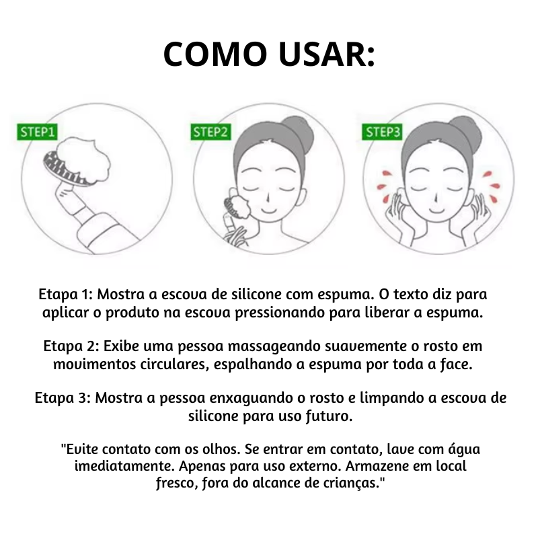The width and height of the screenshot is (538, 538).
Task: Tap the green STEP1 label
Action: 38,132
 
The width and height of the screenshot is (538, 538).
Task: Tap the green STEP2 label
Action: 211,132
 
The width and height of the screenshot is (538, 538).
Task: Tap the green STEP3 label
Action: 383,132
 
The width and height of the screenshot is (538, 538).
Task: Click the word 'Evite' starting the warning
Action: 79,449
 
